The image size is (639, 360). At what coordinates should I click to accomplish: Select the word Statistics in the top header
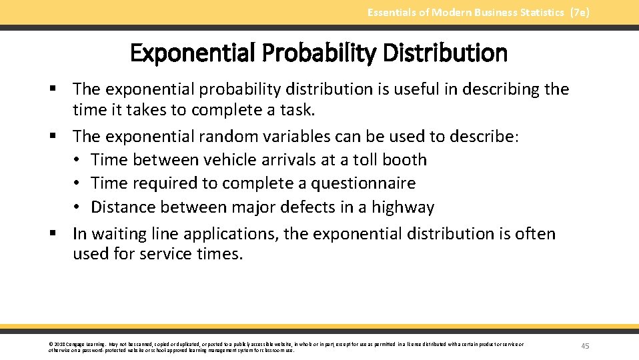click(538, 13)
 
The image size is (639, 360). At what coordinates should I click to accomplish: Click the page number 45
click(585, 346)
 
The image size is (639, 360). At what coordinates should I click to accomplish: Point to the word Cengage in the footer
click(75, 344)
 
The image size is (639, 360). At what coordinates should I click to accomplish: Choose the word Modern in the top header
click(450, 13)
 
